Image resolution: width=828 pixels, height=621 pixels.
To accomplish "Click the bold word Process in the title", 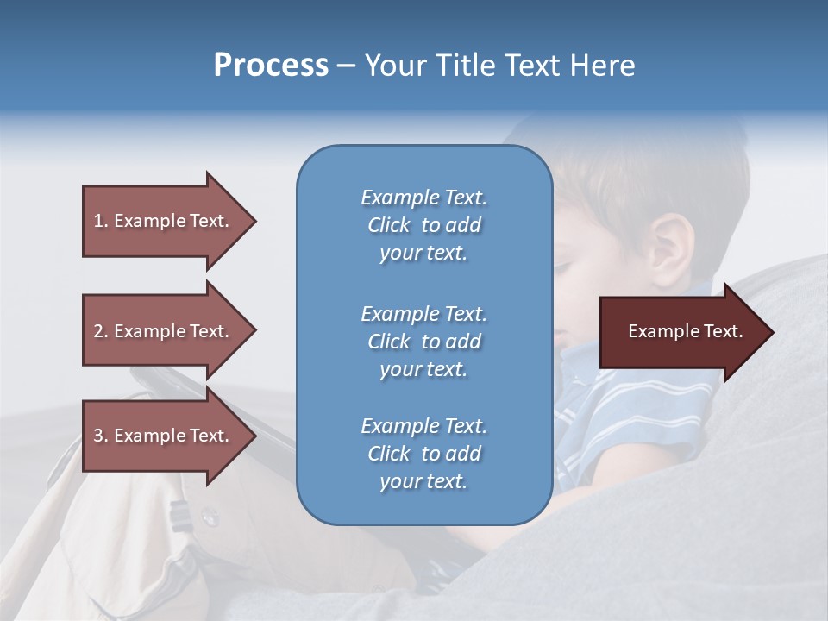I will click(271, 66).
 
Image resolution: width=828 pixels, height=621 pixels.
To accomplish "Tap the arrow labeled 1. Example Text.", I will click(164, 221).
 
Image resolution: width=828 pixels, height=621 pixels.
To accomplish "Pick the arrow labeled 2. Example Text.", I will click(164, 331).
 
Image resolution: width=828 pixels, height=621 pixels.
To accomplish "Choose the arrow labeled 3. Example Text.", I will click(164, 436).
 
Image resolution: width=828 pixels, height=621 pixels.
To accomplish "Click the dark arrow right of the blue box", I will click(681, 332).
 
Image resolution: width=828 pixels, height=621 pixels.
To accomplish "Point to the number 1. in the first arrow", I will click(101, 221).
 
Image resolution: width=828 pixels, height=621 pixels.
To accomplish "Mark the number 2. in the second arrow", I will click(101, 331).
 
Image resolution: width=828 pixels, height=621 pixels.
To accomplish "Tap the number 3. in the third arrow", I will click(101, 436).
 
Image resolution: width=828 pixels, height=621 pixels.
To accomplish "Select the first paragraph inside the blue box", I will click(423, 225).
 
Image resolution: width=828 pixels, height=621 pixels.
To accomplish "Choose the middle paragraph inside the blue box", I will click(423, 342).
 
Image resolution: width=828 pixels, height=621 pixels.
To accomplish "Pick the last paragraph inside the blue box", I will click(423, 454).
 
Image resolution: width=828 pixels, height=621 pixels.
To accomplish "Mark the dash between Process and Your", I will click(346, 66).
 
